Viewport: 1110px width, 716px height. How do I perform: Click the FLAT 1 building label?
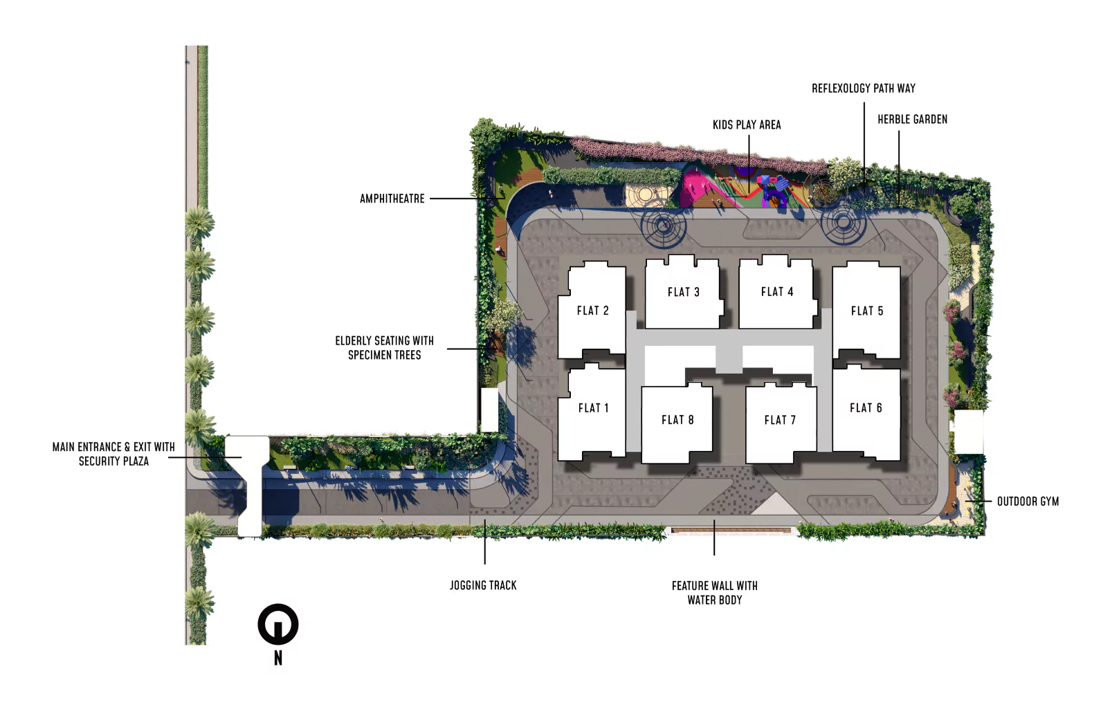coord(593,407)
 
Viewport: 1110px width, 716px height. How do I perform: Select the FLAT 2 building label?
coord(592,311)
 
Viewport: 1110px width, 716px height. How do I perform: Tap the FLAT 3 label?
coord(683,292)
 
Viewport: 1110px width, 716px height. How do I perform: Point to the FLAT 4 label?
coord(777,292)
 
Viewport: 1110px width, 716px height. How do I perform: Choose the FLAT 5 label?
coord(867,311)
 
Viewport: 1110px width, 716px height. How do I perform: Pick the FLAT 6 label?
coord(866,407)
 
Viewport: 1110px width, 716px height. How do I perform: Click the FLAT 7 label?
coord(780,420)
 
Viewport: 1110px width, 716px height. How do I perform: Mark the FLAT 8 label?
coord(677,420)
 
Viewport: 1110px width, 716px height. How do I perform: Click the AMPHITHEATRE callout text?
coord(392,199)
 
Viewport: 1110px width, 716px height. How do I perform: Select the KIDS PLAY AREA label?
coord(747,125)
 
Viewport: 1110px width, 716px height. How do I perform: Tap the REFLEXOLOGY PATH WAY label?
coord(863,88)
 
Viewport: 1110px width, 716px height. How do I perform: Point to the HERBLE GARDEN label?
coord(912,120)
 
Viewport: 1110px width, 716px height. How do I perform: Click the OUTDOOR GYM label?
coord(1028,502)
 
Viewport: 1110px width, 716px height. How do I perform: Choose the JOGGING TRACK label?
coord(483,585)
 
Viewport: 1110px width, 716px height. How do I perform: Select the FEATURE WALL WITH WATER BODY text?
coord(715,593)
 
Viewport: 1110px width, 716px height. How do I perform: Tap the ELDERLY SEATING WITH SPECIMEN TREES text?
coord(385,347)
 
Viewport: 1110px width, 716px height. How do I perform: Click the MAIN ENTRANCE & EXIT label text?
coord(113,447)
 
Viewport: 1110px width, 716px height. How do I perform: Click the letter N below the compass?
coord(278,658)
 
